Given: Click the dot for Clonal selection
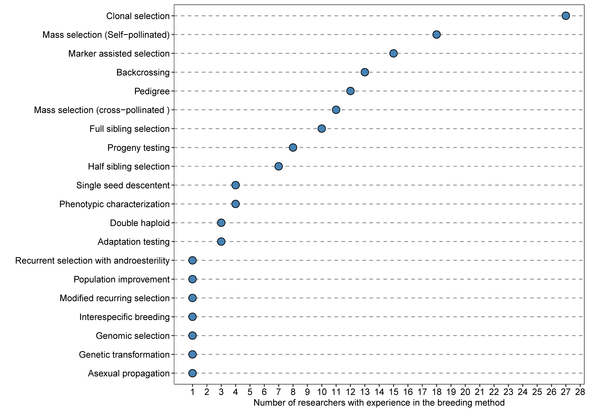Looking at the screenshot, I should [x=566, y=16].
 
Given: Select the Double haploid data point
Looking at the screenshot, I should [x=221, y=223].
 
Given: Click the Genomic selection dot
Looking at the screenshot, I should [x=192, y=336].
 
